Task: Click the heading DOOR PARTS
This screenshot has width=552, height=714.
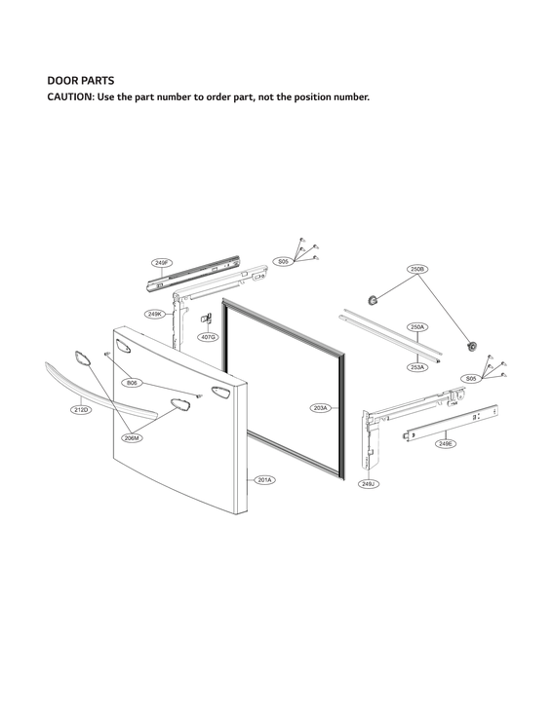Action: point(81,80)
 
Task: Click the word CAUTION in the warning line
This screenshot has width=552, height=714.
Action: point(72,97)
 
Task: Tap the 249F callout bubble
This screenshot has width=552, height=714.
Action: point(162,263)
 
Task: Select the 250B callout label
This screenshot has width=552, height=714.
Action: point(417,268)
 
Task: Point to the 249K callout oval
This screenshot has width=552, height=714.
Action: point(155,315)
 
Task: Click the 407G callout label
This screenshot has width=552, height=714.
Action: point(208,337)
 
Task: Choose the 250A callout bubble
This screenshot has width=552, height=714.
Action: point(417,327)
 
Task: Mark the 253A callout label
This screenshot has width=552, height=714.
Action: point(417,367)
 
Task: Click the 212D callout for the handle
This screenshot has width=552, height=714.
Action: point(82,410)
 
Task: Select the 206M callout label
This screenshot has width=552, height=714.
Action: point(132,438)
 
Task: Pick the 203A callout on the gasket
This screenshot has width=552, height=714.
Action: point(322,407)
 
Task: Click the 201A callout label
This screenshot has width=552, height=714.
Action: point(265,480)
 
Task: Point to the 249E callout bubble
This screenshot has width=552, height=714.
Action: point(446,443)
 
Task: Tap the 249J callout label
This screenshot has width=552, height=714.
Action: point(369,484)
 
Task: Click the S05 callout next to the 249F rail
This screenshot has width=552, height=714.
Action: point(283,262)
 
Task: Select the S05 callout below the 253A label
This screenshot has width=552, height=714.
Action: point(471,378)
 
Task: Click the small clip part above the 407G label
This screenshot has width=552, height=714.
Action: point(207,318)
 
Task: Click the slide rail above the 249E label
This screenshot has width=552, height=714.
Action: point(451,421)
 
